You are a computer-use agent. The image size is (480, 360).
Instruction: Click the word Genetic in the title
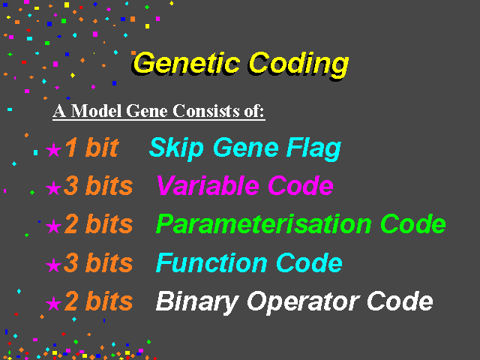point(186,63)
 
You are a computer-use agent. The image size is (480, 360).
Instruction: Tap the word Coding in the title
point(298,65)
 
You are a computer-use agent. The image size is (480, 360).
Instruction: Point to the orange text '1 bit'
point(91,148)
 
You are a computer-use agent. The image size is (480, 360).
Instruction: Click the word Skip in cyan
point(176,149)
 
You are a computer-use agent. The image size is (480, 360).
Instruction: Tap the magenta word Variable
point(208,185)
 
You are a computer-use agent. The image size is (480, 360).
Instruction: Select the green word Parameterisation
point(264,224)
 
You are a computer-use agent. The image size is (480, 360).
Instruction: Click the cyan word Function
point(211,262)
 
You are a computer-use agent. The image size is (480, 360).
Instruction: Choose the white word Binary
point(197,302)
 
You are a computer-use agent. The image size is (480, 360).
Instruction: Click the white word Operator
point(302,302)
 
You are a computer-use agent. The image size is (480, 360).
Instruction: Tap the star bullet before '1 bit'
point(53,150)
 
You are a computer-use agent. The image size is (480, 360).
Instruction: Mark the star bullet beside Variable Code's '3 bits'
point(53,187)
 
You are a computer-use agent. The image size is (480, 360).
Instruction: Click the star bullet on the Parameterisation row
point(53,226)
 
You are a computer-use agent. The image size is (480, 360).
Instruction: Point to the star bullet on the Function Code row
point(53,265)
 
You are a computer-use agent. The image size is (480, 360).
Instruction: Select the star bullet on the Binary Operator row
point(53,303)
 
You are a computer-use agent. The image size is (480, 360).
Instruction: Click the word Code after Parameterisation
point(413,224)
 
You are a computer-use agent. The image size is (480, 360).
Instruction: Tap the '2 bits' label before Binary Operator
point(98,301)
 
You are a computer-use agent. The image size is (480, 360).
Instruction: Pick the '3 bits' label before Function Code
point(98,262)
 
